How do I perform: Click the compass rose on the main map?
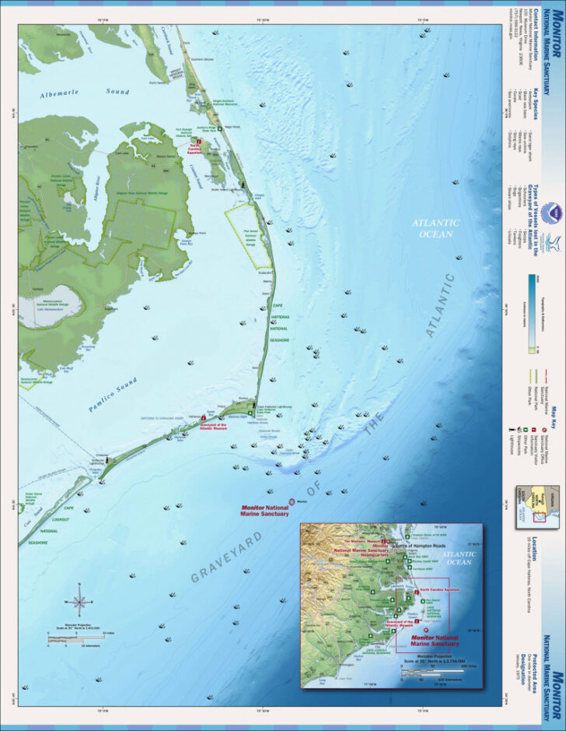pyautogui.click(x=79, y=600)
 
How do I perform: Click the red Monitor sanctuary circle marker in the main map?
pyautogui.click(x=292, y=502)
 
